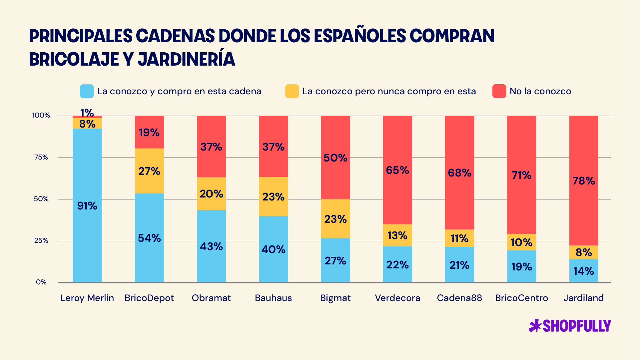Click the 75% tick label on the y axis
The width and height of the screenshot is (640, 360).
coord(41,157)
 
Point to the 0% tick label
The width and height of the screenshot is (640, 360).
coord(41,282)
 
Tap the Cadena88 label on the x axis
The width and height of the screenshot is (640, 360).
coord(459,298)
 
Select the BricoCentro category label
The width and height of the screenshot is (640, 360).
coord(521,298)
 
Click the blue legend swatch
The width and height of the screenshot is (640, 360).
coord(87,91)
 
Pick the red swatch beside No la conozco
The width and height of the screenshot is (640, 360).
coord(499,91)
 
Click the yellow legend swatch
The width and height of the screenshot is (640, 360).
coord(292,91)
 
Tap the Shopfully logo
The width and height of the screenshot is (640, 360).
coord(570,326)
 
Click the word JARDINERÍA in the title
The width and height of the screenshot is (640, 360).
coord(187,59)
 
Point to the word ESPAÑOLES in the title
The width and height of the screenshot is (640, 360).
coord(360,36)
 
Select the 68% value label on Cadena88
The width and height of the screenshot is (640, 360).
coord(459,173)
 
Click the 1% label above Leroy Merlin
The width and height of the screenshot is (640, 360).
coord(87,113)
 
